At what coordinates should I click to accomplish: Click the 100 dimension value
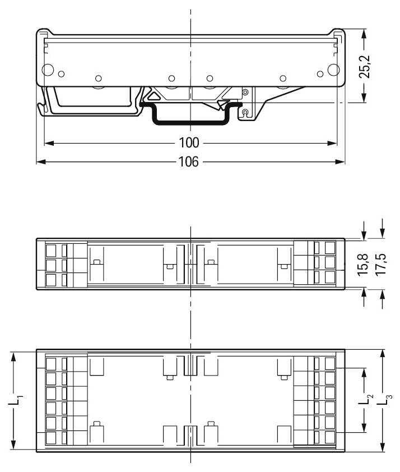[190, 142]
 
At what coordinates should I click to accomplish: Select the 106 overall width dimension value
[189, 162]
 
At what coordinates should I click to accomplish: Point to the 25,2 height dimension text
[365, 66]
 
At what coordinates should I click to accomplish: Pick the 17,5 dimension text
[382, 263]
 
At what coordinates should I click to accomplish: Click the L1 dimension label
[18, 400]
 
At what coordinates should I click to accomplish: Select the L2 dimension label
[366, 400]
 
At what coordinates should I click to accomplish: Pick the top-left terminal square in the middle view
[51, 249]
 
